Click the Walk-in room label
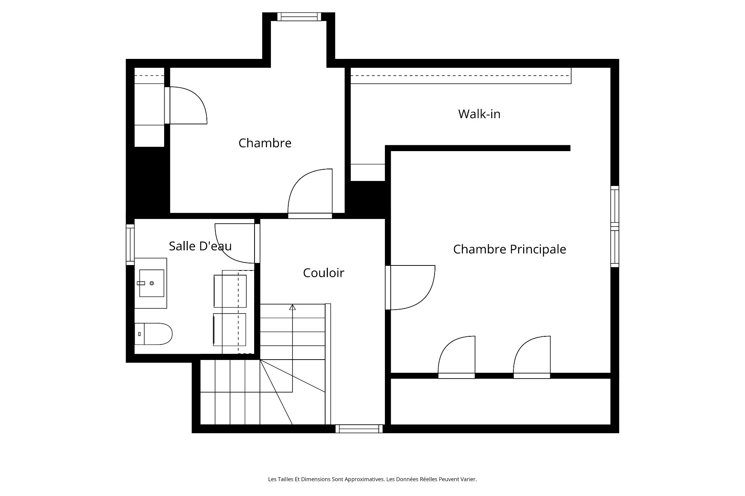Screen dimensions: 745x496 479,114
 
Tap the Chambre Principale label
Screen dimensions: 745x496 509,249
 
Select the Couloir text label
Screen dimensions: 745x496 324,273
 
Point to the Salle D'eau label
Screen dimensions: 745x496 200,246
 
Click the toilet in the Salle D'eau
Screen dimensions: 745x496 153,334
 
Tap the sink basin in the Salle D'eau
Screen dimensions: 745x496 151,283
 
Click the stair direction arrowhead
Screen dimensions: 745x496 292,307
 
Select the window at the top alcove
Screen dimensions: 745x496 299,17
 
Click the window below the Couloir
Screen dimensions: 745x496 359,429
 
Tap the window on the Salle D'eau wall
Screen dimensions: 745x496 130,245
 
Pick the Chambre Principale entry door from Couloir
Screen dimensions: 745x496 411,288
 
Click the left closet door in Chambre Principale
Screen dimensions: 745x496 456,357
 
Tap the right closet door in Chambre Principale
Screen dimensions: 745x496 532,357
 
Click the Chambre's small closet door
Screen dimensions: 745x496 186,105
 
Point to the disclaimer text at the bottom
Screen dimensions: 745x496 372,479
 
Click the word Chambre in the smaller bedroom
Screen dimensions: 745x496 265,143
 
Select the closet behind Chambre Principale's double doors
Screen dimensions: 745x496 501,401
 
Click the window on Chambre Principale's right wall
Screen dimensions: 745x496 615,226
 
